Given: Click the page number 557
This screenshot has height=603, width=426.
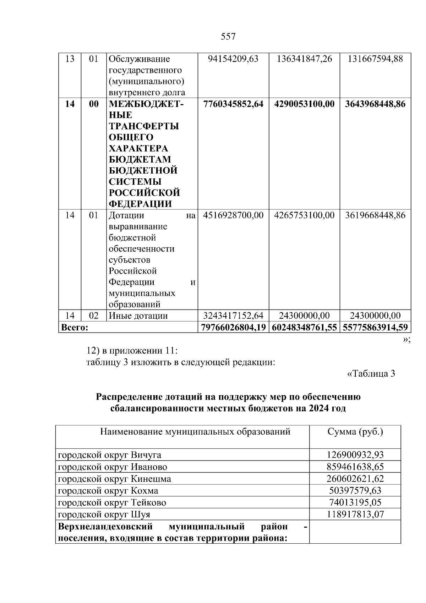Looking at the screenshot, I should (x=228, y=37).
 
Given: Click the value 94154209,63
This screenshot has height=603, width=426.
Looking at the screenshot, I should (x=233, y=59).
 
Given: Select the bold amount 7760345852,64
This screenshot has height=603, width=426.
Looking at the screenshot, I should (x=233, y=104).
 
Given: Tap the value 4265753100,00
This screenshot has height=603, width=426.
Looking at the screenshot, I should (x=304, y=215).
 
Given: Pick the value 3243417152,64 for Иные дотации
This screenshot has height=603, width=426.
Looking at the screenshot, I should (x=233, y=316).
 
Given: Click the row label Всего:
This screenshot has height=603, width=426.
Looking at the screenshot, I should (x=75, y=327).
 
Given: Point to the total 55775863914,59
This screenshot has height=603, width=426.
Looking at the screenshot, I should (x=375, y=327).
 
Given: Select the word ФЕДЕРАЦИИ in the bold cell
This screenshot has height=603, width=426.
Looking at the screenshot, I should (x=140, y=204).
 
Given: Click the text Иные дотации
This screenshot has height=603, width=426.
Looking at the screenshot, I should (x=138, y=316).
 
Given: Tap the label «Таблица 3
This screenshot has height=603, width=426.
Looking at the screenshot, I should (x=371, y=374).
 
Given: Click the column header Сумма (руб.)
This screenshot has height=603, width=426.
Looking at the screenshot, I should (x=355, y=432).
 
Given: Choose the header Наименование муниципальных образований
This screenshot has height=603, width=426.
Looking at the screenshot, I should (x=195, y=432).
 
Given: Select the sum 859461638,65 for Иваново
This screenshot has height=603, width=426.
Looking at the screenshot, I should (x=355, y=467).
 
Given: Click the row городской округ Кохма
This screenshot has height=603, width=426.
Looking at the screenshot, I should (x=108, y=491).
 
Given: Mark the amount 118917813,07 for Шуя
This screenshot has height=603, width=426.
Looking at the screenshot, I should (x=355, y=515).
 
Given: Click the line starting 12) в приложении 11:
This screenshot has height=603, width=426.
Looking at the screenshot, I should (x=132, y=351).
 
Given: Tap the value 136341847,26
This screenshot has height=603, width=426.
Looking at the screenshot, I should (x=304, y=59).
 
